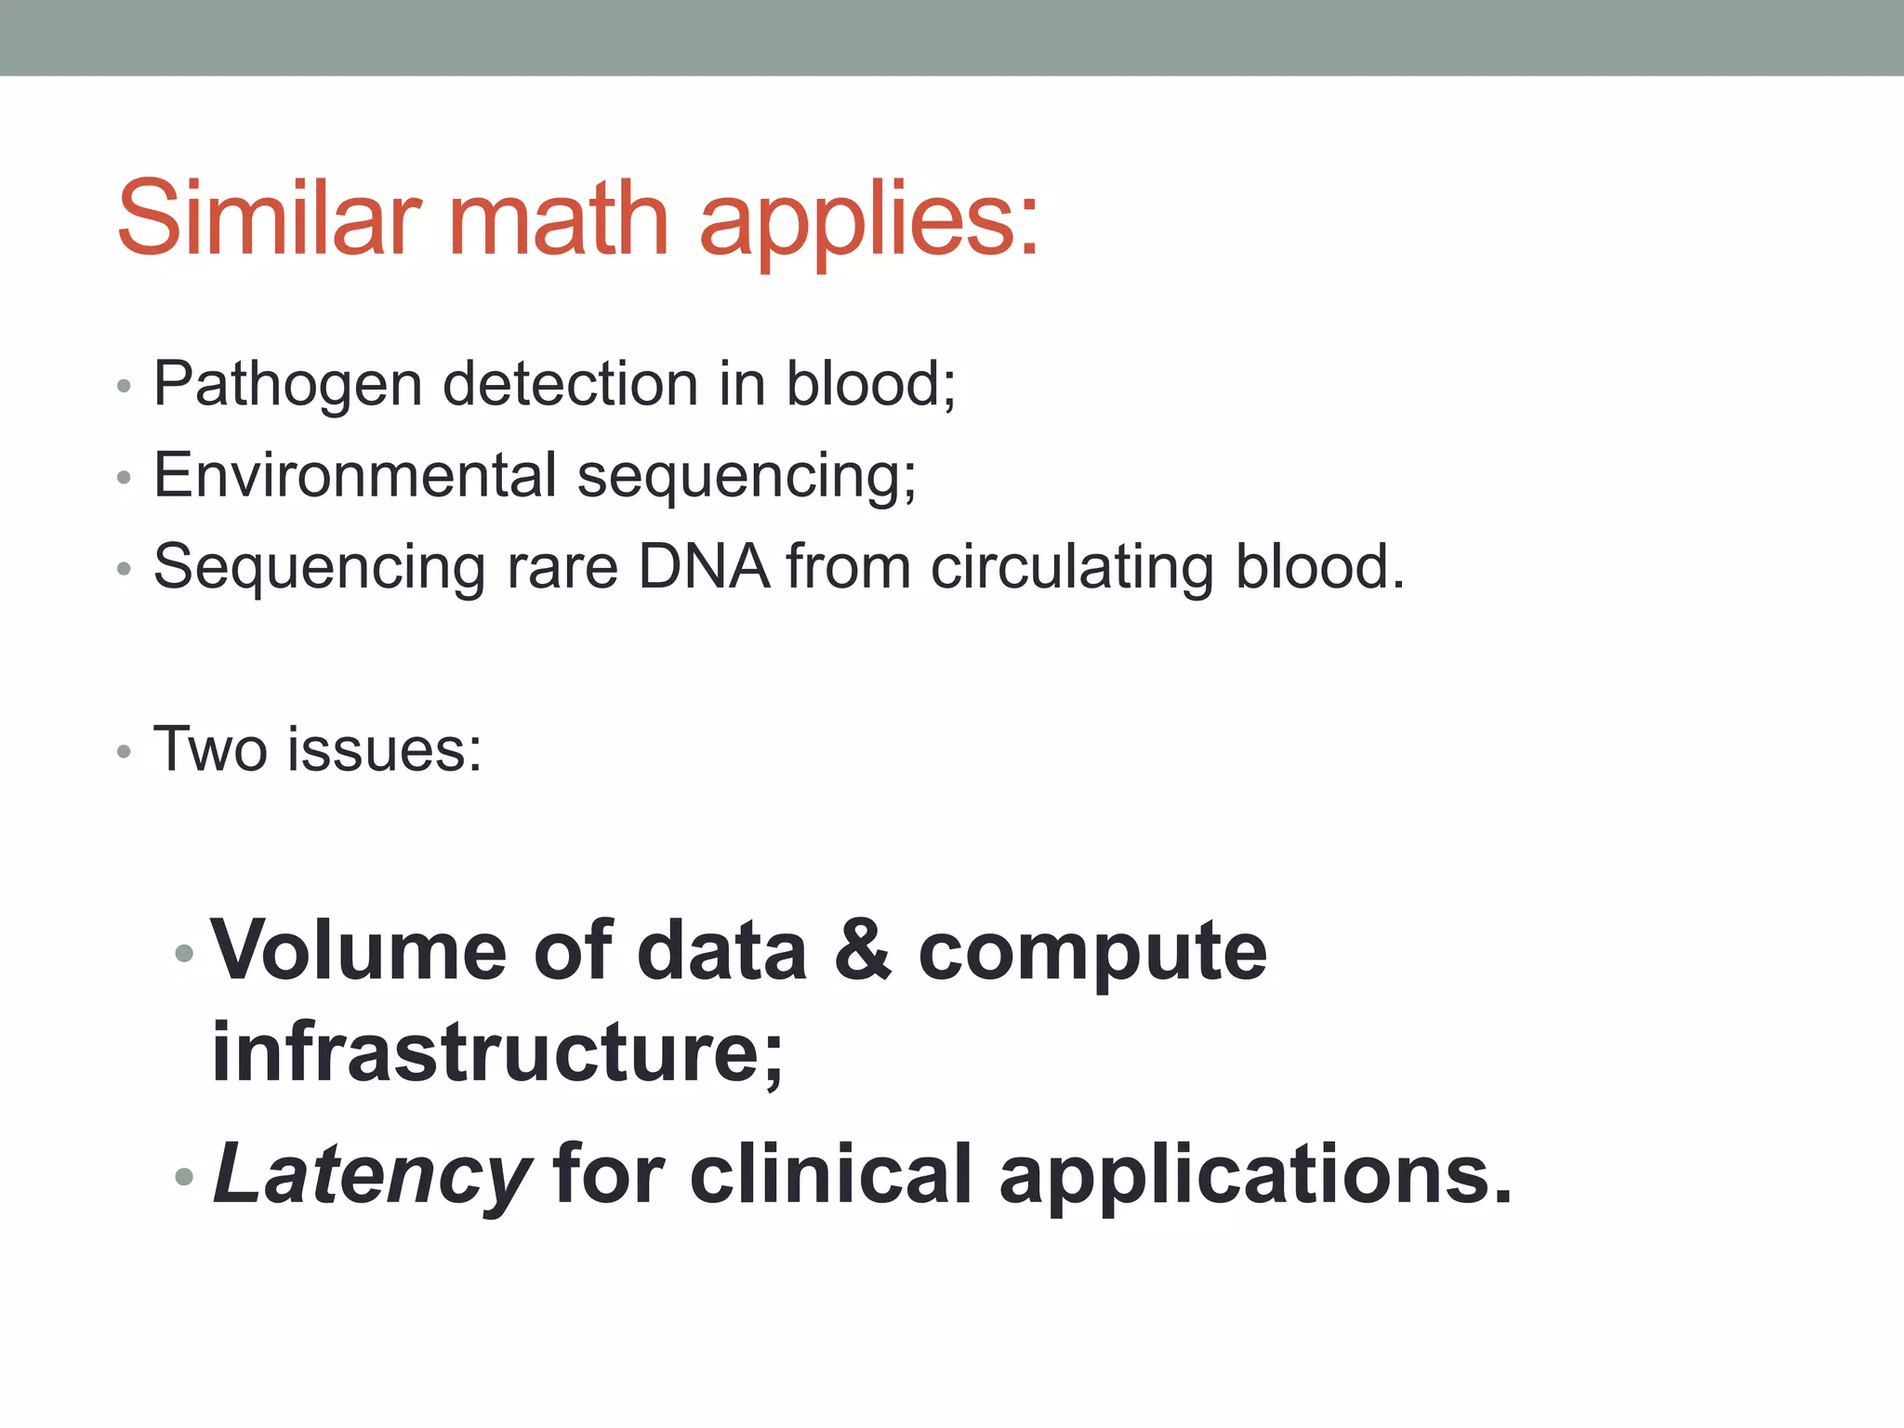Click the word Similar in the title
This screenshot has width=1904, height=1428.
tap(263, 218)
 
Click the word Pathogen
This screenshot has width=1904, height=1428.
tap(287, 385)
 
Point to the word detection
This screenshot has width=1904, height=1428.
tap(570, 383)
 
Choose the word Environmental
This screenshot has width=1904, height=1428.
tap(355, 475)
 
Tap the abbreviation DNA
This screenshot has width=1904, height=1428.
tap(704, 566)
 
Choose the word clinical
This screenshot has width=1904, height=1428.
tap(830, 1173)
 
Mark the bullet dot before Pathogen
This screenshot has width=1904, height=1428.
tap(124, 386)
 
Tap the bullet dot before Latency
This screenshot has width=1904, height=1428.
tap(184, 1177)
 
